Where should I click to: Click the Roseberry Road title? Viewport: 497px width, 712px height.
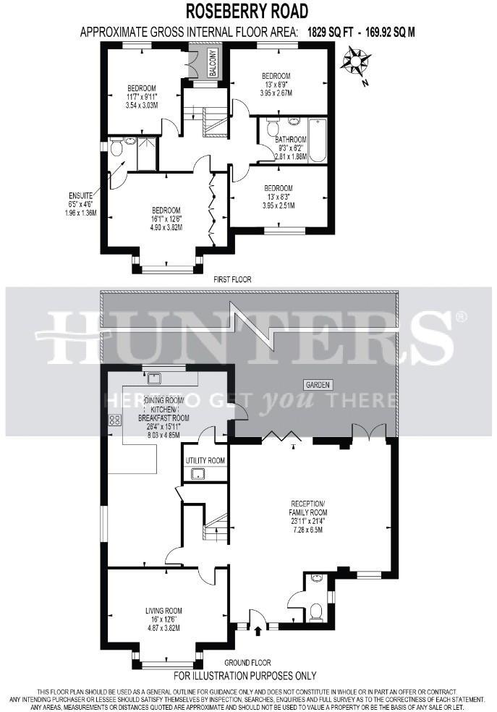247,11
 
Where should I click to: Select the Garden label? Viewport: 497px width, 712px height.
318,386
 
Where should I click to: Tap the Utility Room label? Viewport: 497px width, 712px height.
205,460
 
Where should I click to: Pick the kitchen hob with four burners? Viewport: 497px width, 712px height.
114,420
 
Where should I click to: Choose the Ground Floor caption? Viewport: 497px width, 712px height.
247,662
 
